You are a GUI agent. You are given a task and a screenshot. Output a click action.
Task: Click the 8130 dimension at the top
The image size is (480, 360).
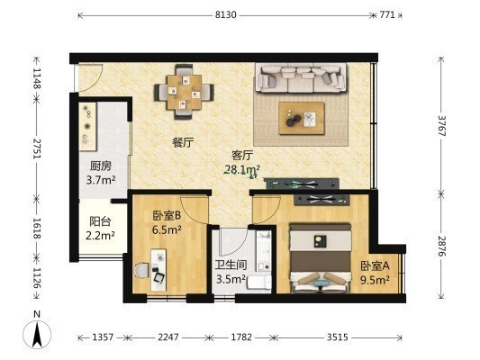tap(226, 14)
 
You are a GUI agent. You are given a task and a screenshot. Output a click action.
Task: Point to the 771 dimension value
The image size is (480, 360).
tap(387, 14)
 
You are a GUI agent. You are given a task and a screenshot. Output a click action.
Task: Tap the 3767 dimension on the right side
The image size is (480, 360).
tap(441, 125)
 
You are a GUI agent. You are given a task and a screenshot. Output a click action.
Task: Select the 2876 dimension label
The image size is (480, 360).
tap(441, 247)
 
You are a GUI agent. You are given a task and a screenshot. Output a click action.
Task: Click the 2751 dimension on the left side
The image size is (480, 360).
tap(37, 148)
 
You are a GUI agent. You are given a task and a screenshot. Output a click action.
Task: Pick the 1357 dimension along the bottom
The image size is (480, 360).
tap(103, 337)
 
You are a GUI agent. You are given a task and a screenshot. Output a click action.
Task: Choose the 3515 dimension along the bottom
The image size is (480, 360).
tap(338, 337)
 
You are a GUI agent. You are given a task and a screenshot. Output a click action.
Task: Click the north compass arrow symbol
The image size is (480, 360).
tap(37, 335)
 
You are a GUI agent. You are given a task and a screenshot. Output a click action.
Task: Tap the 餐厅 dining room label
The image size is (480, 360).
tap(183, 142)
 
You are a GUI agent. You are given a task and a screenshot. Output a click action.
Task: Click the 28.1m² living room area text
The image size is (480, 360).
tap(242, 169)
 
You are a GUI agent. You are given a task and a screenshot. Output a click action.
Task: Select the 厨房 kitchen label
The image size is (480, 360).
tap(100, 166)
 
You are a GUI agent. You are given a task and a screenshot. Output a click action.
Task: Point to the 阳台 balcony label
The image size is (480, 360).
tap(100, 221)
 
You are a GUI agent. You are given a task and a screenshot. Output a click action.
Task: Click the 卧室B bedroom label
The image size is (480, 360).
tap(167, 216)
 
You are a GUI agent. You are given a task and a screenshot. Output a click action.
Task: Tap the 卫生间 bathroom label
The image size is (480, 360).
tap(231, 265)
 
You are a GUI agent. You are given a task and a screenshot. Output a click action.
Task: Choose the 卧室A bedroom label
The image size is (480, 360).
tap(375, 266)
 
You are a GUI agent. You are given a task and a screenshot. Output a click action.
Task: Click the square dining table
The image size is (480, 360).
tap(185, 92)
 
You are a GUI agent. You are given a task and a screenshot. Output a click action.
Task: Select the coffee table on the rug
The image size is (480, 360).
tap(301, 118)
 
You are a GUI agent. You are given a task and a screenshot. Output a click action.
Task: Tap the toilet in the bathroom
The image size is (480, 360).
tap(258, 282)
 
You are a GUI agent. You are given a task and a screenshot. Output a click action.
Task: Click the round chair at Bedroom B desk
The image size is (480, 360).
tap(141, 270)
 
